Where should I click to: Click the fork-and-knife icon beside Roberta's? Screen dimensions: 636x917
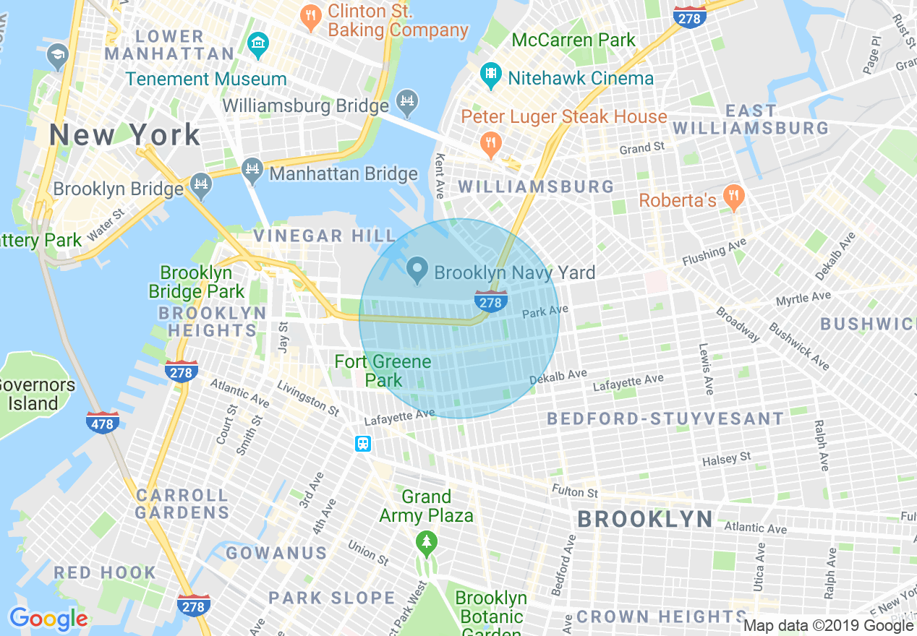733,196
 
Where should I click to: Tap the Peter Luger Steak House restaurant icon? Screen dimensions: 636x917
491,142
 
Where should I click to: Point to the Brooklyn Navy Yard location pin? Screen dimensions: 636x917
417,270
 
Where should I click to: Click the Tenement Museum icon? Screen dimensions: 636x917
257,44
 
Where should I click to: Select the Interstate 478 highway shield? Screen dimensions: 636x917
102,423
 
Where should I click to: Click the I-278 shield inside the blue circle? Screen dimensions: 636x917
490,302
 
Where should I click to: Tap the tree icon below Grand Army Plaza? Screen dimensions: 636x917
427,542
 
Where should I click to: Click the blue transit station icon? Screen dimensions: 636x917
363,444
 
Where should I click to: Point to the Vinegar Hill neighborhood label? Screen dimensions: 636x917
324,236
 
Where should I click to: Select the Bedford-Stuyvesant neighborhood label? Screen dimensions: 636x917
665,418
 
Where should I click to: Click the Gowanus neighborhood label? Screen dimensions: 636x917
276,554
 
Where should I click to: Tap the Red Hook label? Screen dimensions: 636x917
104,572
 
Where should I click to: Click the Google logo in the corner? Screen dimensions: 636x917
48,619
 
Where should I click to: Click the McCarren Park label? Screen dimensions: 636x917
573,40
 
